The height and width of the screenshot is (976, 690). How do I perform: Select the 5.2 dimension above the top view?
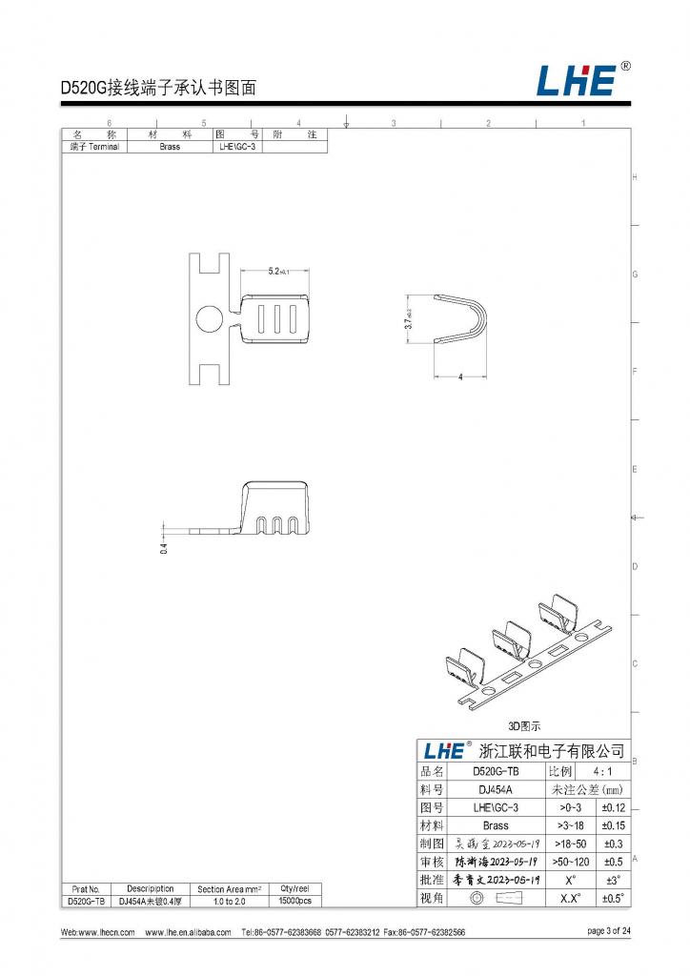coord(276,272)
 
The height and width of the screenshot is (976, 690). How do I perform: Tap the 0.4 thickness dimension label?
coord(164,548)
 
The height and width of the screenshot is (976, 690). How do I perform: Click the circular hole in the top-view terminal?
coord(209,317)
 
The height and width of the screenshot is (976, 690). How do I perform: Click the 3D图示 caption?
coord(524,725)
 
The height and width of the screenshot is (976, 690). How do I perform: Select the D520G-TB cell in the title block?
coord(496,771)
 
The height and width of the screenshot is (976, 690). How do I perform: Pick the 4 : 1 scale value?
coord(601,771)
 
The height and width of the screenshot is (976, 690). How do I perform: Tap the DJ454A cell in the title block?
coord(496,789)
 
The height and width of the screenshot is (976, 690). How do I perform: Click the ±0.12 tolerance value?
coord(612,807)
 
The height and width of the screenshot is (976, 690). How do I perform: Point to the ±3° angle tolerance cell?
coord(612,880)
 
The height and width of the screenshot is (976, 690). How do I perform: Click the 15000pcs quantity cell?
coord(295,900)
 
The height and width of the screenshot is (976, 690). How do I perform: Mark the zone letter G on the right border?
coord(635,274)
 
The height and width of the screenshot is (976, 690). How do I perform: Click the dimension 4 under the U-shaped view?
coord(460,377)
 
